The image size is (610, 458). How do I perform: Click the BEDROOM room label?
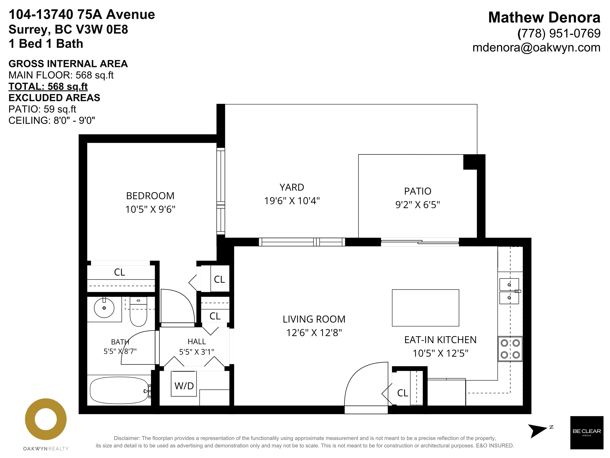tap(150, 196)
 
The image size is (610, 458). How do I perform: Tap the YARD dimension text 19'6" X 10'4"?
tap(292, 201)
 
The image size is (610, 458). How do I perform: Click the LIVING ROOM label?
tap(314, 319)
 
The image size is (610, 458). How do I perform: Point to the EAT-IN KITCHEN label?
tap(440, 340)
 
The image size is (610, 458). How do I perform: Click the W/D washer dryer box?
tap(184, 384)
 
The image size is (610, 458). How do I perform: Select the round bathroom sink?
tap(104, 308)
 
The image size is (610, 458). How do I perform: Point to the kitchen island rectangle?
tap(425, 308)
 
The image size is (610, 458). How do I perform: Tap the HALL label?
tap(197, 342)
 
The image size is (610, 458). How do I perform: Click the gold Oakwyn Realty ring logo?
tap(46, 419)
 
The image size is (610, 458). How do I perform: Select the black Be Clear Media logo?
tap(587, 433)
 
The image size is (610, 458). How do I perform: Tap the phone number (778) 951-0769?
tap(559, 33)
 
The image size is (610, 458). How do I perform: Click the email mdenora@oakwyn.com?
tap(536, 48)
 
